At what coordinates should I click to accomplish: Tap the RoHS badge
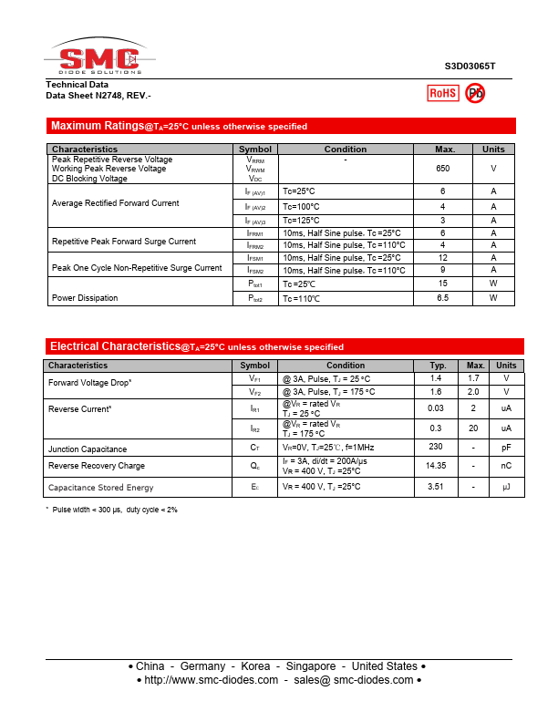(443, 93)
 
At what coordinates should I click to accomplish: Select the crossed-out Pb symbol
(475, 93)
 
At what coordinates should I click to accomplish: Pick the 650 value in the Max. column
(443, 169)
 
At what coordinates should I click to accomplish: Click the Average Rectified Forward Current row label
(115, 203)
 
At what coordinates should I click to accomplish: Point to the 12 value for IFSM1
(443, 258)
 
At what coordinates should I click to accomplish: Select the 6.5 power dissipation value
(443, 298)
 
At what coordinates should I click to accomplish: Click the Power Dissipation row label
(85, 298)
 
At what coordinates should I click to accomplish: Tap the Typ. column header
(438, 366)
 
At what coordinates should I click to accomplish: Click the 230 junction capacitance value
(436, 447)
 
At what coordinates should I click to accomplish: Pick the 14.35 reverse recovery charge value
(436, 466)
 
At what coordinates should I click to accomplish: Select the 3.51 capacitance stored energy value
(436, 488)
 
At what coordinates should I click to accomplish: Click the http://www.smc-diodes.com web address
(212, 680)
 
